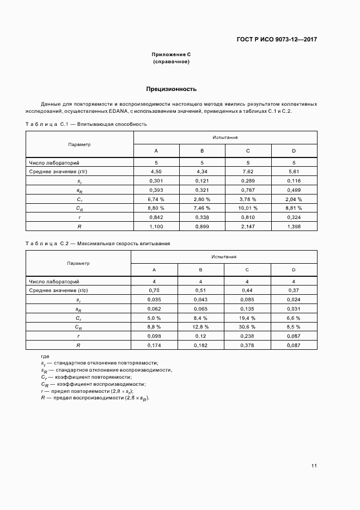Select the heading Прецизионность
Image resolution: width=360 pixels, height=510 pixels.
pos(171,89)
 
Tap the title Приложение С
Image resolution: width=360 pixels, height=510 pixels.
pos(171,54)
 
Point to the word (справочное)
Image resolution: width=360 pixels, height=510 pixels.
pos(171,62)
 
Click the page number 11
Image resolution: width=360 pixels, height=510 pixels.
pos(314,466)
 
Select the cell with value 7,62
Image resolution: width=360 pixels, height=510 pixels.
pos(248,171)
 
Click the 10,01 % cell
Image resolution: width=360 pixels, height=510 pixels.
pos(248,208)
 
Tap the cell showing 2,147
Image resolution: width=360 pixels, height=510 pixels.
pos(248,227)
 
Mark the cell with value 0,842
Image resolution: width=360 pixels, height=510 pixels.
pos(156,217)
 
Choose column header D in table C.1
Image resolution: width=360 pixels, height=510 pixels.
pos(294,150)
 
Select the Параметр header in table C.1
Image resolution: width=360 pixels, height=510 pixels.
pos(79,144)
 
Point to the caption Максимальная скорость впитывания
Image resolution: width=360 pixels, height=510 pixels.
pos(124,244)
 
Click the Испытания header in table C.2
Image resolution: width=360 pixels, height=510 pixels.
pos(224,256)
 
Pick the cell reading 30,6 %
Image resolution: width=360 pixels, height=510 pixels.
pos(247,327)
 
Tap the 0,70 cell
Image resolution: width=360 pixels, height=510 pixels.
pos(154,290)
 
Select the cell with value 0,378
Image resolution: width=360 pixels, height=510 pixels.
pos(247,345)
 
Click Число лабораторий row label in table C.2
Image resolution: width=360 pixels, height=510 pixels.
pos(54,281)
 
